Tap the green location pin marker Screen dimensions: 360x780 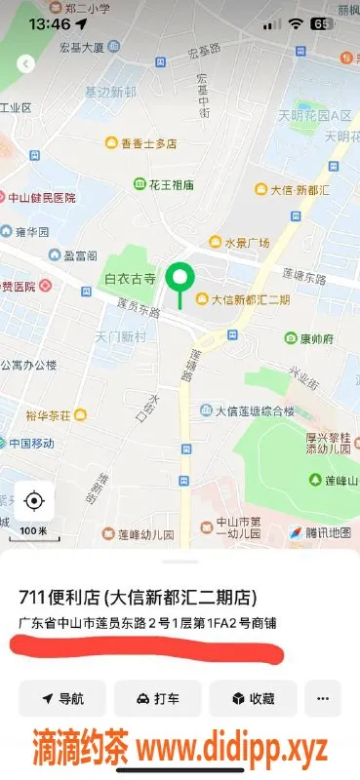179,280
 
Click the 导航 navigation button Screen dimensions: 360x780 61,698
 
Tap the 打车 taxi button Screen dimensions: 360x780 157,698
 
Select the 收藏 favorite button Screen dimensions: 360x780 252,698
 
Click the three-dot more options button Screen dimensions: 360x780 323,698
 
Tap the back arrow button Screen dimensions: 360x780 25,64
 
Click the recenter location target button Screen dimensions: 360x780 34,501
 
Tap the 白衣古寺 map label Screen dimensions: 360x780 130,279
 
